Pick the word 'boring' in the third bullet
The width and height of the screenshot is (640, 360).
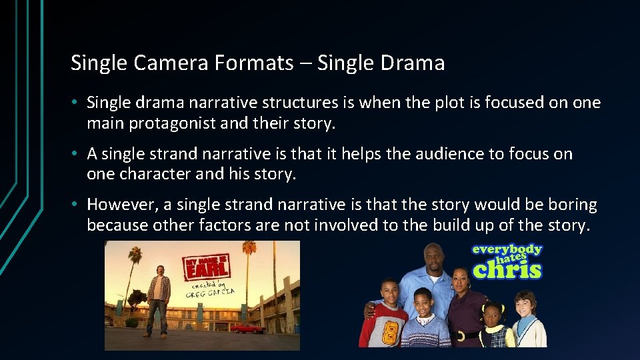click(574, 205)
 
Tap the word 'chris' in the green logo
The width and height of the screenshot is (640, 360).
click(507, 269)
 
